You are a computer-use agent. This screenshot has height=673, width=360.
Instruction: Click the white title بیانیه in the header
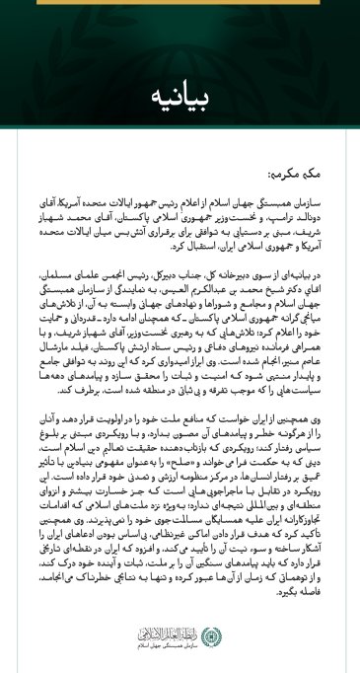pos(180,99)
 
